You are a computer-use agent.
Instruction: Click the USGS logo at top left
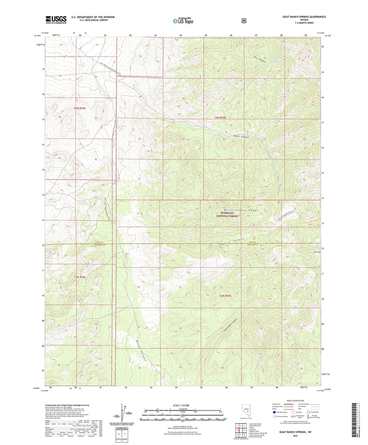click(x=56, y=20)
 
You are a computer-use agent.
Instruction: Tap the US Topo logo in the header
click(x=183, y=21)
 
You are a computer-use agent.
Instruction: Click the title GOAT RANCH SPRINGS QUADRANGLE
click(x=304, y=17)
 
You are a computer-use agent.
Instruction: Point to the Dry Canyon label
click(x=260, y=59)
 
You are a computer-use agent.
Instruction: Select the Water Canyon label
click(x=241, y=137)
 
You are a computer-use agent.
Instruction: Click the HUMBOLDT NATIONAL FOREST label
click(x=227, y=214)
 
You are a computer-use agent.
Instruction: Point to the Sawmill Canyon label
click(x=231, y=242)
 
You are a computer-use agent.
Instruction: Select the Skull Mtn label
click(x=317, y=252)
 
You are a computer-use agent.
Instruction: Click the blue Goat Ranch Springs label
click(x=121, y=127)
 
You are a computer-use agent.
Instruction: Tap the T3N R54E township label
click(x=80, y=108)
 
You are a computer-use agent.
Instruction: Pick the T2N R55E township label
click(x=225, y=296)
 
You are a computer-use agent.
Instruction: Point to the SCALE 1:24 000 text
click(x=181, y=405)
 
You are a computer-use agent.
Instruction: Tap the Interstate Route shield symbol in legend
click(x=274, y=412)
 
